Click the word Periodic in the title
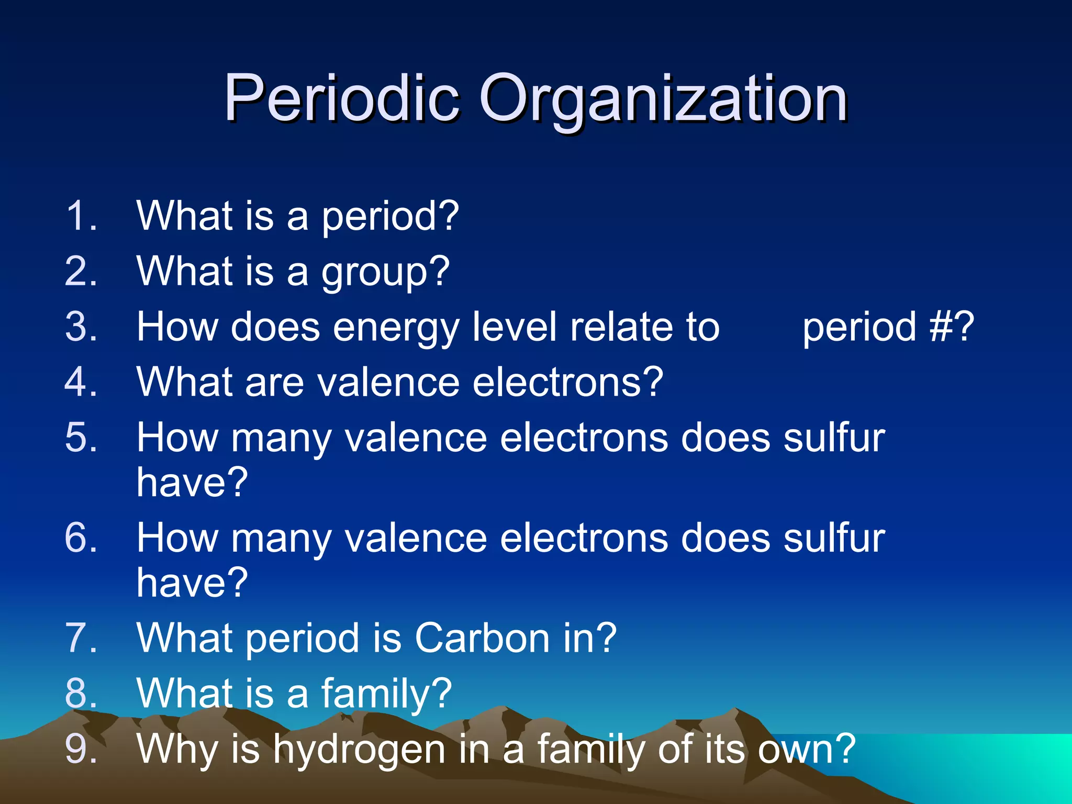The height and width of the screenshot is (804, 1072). pos(342,98)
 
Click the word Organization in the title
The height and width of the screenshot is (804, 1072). pos(663,99)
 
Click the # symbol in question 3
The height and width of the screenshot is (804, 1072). pos(942,327)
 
